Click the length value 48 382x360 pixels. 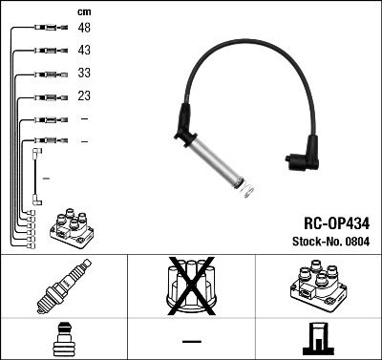click(x=84, y=29)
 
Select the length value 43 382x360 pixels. click(x=84, y=51)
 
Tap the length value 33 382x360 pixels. click(x=84, y=74)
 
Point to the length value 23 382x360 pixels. click(x=84, y=95)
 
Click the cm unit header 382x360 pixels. click(x=84, y=11)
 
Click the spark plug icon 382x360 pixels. click(x=63, y=291)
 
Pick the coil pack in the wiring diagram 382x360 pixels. click(x=72, y=229)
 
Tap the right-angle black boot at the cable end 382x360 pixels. click(x=304, y=158)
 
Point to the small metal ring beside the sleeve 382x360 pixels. click(x=247, y=193)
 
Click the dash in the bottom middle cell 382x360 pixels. click(x=191, y=341)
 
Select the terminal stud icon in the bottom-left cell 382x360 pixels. click(x=63, y=340)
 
